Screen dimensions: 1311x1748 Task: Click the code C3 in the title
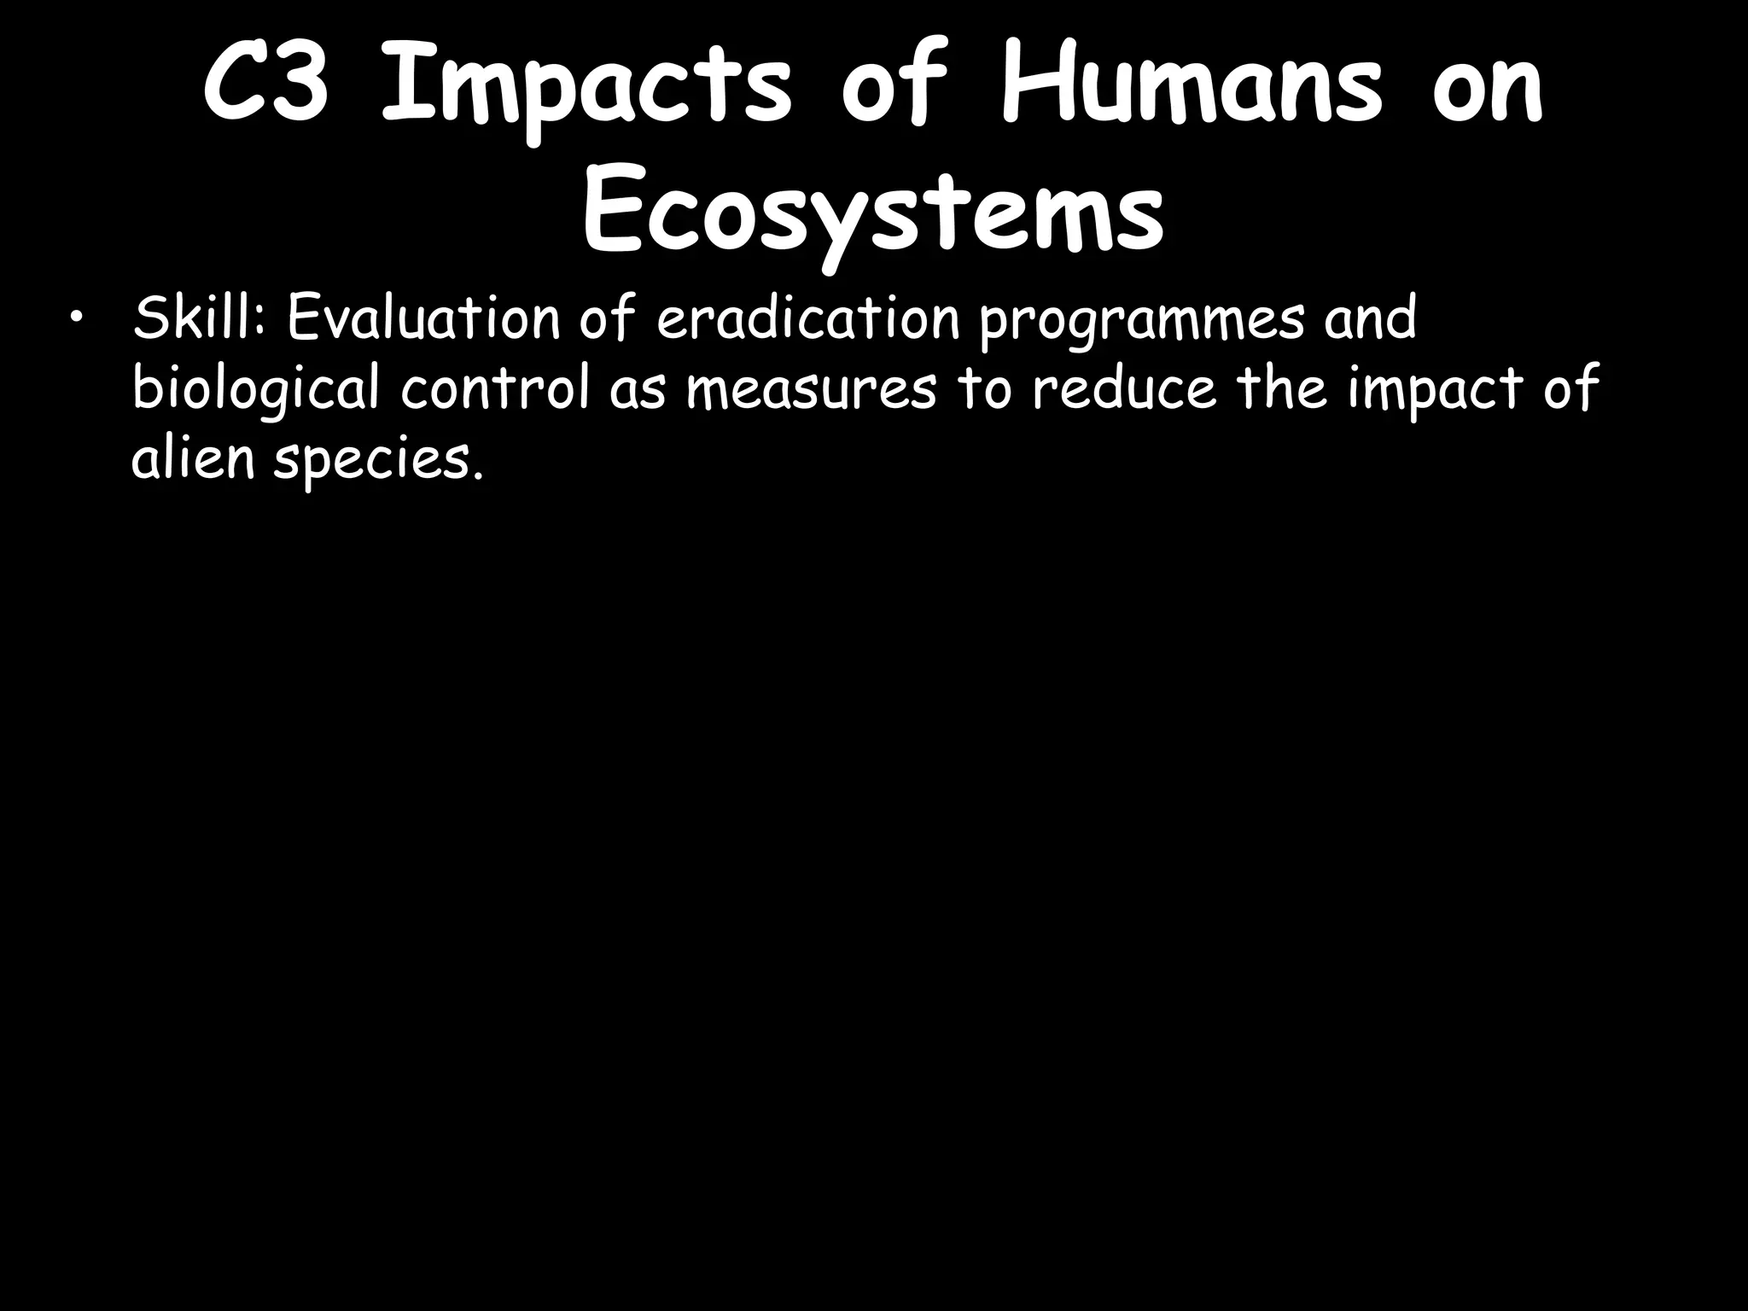(x=265, y=89)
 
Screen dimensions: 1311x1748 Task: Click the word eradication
(x=808, y=318)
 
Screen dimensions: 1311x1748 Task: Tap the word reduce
(x=1123, y=388)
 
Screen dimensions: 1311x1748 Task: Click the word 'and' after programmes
(x=1369, y=318)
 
